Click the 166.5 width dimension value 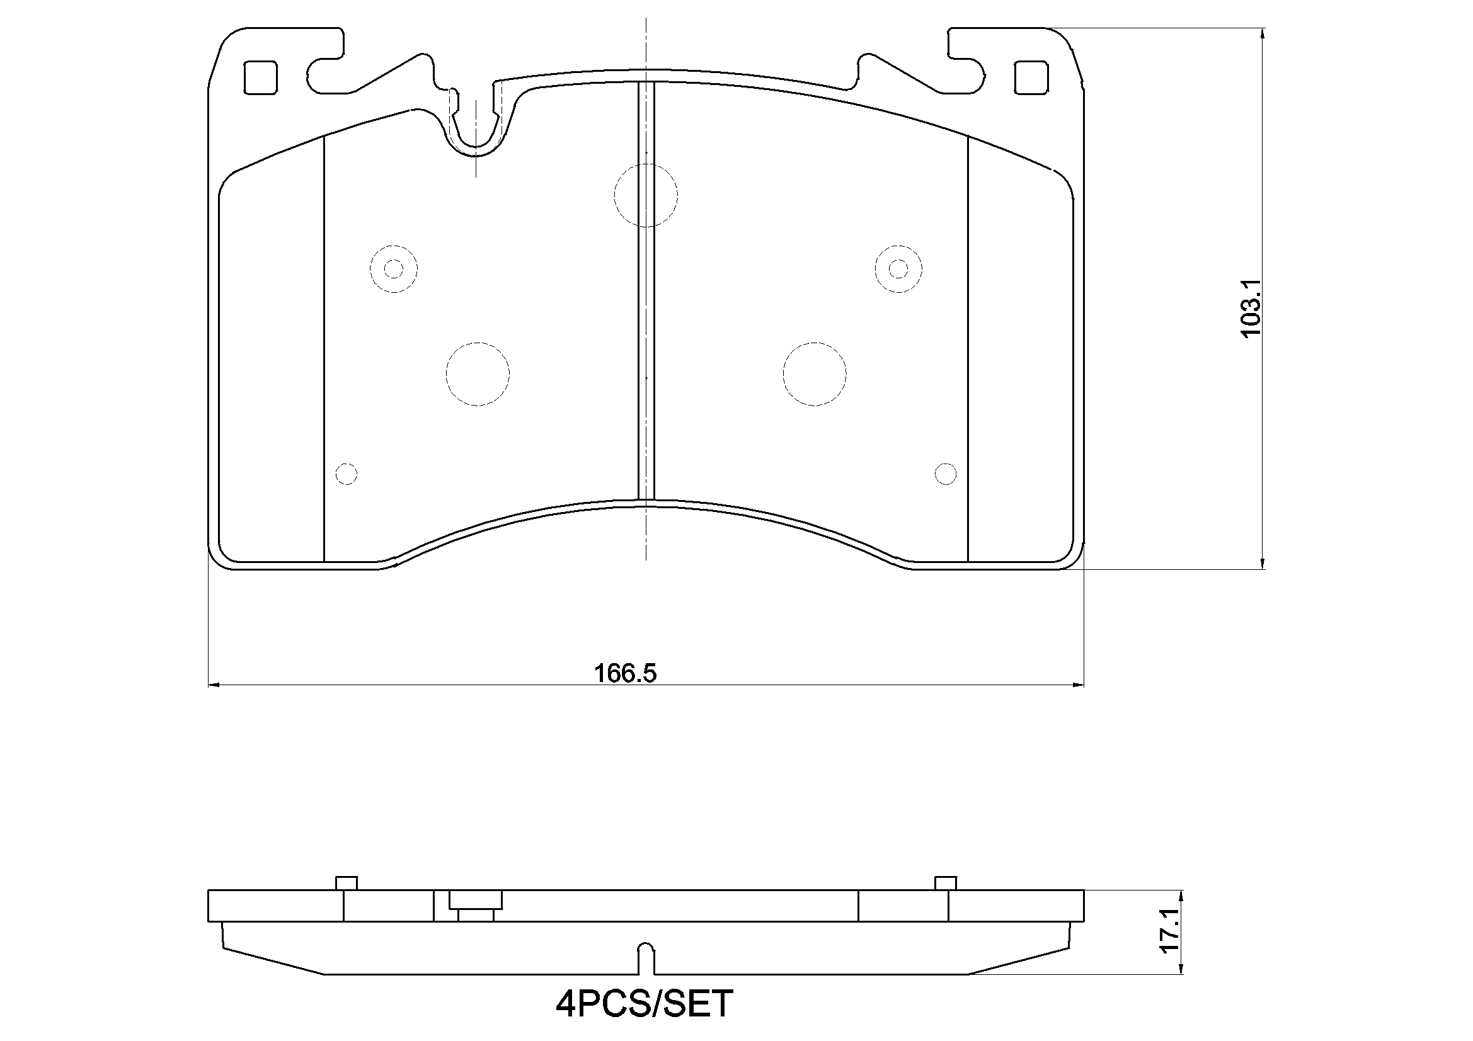pyautogui.click(x=625, y=673)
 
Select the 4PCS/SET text pyautogui.click(x=643, y=1004)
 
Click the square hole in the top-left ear pyautogui.click(x=261, y=77)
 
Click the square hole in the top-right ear pyautogui.click(x=1031, y=77)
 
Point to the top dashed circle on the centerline pyautogui.click(x=645, y=195)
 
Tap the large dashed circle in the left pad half pyautogui.click(x=478, y=374)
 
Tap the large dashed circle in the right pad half pyautogui.click(x=814, y=374)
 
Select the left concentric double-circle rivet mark pyautogui.click(x=393, y=269)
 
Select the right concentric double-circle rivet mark pyautogui.click(x=898, y=269)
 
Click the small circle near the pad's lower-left pyautogui.click(x=347, y=474)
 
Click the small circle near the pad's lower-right pyautogui.click(x=945, y=474)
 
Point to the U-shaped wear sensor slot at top pyautogui.click(x=476, y=128)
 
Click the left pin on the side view pyautogui.click(x=347, y=882)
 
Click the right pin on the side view pyautogui.click(x=945, y=882)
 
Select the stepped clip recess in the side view pyautogui.click(x=476, y=905)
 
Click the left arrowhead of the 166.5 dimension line pyautogui.click(x=214, y=685)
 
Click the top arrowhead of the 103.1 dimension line pyautogui.click(x=1263, y=33)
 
